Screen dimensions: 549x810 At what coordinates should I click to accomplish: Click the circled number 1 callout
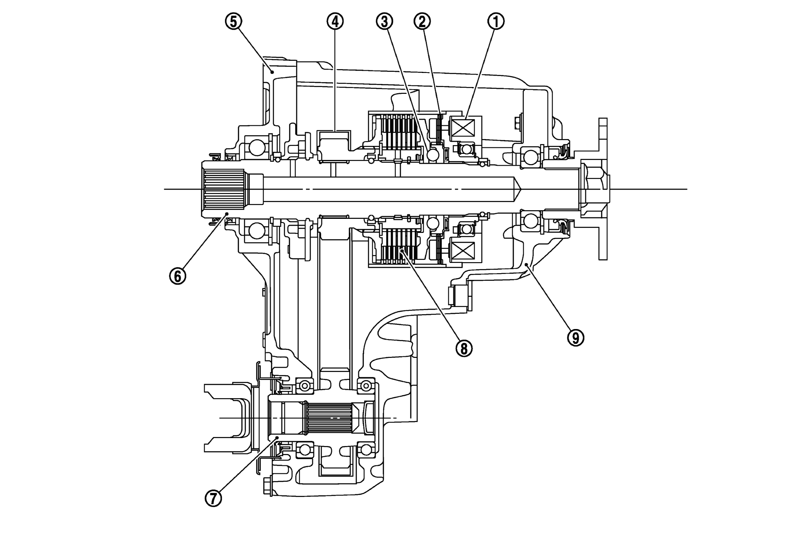click(x=496, y=22)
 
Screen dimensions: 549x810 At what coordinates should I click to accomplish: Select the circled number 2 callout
click(x=422, y=22)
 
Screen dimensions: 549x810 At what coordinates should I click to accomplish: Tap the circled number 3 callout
click(x=384, y=22)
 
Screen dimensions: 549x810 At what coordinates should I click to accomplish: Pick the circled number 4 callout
click(x=335, y=22)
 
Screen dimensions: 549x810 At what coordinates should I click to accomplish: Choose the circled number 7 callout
click(x=213, y=498)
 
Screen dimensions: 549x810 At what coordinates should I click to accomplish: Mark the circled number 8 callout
click(x=464, y=348)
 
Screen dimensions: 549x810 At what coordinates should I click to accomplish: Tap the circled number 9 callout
click(x=575, y=337)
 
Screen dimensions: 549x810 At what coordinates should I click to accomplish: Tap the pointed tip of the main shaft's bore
click(x=519, y=189)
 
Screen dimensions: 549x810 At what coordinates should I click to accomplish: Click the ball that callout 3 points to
click(x=433, y=155)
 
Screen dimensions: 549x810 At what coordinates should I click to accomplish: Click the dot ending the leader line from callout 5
click(x=272, y=72)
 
